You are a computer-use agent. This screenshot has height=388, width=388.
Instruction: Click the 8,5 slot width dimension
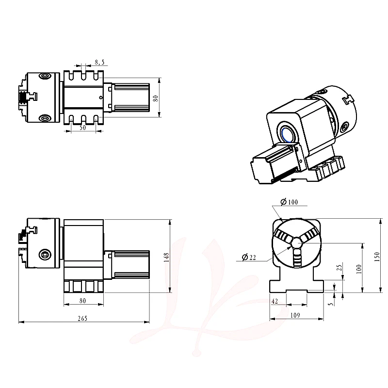99,62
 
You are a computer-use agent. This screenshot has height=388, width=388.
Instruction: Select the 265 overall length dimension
82,318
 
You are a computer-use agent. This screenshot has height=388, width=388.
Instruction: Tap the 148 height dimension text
166,257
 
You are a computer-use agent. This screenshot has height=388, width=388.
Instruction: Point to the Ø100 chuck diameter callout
289,202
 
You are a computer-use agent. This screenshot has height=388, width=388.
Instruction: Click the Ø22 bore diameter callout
249,258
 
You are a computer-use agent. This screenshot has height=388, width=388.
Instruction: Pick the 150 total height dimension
377,257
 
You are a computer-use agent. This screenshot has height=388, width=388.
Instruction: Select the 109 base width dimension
295,315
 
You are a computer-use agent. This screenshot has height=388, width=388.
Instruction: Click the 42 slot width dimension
275,301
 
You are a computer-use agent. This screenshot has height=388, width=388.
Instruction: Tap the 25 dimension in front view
339,268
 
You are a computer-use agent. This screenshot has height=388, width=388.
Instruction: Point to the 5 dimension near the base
331,304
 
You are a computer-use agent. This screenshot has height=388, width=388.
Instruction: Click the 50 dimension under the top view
82,128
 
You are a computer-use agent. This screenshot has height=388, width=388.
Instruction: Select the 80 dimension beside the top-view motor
155,98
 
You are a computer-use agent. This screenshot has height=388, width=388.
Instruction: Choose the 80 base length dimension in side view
82,301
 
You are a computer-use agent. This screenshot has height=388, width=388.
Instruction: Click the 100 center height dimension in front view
359,269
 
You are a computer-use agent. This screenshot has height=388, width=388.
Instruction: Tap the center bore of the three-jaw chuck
296,243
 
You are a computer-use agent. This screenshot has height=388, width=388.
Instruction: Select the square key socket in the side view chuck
45,254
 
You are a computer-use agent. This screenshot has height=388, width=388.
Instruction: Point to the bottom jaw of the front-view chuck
296,258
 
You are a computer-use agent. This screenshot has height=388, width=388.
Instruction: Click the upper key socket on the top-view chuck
45,76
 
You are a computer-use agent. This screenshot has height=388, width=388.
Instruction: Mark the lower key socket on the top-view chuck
45,118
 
